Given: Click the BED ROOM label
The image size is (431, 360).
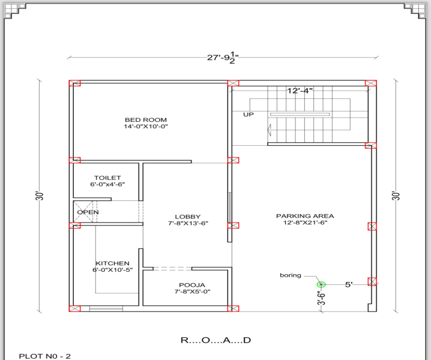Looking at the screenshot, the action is point(146,120).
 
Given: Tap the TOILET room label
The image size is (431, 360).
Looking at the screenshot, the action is point(107,178).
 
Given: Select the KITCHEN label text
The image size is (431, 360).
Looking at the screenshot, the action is point(112,263).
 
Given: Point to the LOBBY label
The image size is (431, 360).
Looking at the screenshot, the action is point(188,217).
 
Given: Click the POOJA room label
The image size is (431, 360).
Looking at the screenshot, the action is point(192,285).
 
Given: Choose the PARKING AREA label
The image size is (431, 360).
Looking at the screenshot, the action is point(305,216).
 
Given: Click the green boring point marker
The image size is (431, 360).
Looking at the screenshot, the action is point(321,285).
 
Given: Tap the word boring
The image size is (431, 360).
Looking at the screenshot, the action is point(291,275).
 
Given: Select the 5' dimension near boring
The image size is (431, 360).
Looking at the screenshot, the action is point(349,284).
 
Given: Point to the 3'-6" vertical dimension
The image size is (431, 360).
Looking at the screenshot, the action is point(321,298).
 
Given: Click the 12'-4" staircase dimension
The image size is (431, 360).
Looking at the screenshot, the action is point(300,91).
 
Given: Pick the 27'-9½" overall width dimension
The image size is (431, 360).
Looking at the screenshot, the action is point(223,58).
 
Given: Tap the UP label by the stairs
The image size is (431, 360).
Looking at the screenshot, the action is point(249,115).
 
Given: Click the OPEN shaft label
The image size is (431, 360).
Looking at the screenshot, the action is point(88,212).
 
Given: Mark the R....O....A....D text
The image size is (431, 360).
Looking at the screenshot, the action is point(216,340).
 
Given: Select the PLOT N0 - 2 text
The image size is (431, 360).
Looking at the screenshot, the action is point(45,356).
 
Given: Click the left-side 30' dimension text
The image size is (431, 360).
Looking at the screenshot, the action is point(40,196).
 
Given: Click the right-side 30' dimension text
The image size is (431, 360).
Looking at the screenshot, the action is point(396,196).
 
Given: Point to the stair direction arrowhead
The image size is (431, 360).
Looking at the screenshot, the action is point(270,130).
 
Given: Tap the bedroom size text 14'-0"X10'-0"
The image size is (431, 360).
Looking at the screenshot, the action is point(146,127).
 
